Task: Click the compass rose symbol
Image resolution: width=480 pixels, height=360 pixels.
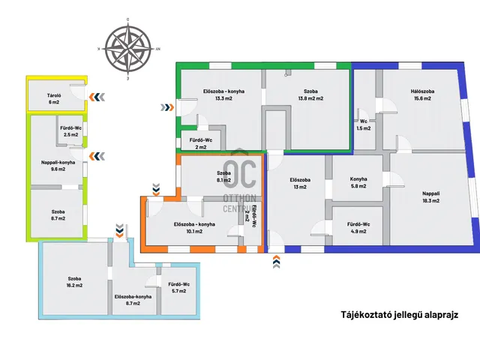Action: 127,49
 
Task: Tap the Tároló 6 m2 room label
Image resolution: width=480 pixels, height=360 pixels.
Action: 54,98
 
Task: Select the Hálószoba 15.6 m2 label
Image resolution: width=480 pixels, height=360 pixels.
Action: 422,94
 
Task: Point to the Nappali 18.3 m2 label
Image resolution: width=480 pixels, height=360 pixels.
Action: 430,196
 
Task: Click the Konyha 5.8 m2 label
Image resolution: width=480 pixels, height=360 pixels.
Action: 358,182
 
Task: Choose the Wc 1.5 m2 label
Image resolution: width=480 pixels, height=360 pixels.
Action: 363,125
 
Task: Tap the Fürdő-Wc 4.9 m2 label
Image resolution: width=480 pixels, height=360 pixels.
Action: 358,228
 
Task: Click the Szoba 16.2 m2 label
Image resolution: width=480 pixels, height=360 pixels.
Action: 74,282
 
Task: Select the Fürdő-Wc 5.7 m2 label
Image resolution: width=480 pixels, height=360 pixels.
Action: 178,287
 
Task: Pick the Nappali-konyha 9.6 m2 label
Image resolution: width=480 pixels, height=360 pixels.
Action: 58,166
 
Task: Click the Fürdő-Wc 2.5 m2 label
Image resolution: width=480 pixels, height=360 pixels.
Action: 70,131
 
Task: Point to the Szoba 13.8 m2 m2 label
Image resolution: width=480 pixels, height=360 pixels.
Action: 310,94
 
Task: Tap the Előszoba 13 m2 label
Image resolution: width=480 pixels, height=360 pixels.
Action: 300,183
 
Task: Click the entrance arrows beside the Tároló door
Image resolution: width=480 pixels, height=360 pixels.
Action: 97,97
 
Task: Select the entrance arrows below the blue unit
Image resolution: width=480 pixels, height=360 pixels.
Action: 276,262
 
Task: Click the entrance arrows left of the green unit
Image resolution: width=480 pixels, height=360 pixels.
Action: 167,107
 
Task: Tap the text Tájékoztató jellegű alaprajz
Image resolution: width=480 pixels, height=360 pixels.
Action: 400,315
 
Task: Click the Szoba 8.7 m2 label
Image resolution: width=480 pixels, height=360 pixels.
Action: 58,215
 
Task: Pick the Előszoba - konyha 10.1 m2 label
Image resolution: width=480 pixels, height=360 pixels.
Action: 194,228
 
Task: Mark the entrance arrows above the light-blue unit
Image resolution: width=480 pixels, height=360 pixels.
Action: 119,231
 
